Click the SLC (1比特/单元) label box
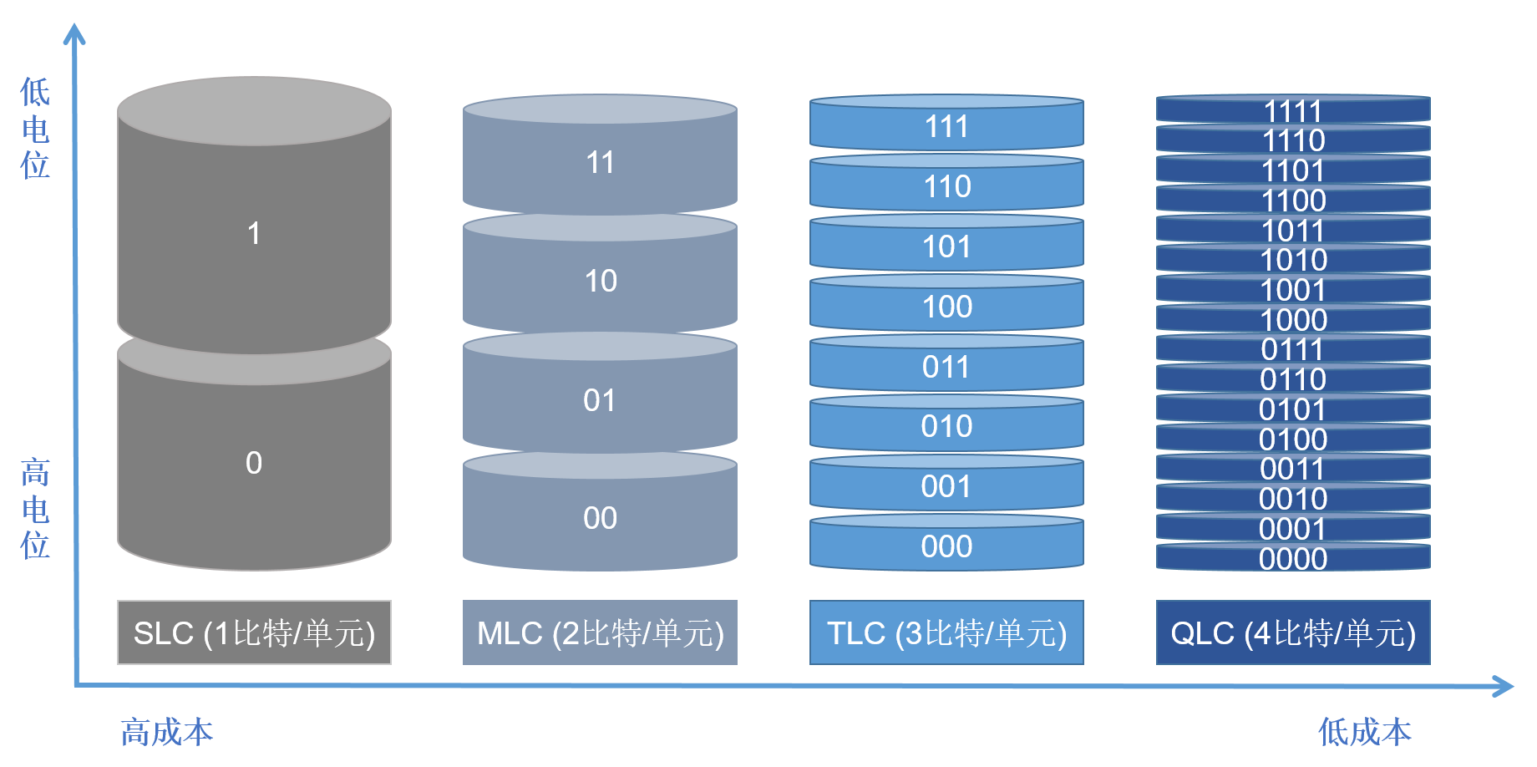(x=254, y=632)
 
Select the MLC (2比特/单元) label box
(x=600, y=632)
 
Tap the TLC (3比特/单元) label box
(x=946, y=632)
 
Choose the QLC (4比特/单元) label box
(x=1293, y=632)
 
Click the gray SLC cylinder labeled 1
(x=254, y=232)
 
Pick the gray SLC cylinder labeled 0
(x=254, y=462)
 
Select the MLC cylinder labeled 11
(x=600, y=162)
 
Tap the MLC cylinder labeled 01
(x=600, y=400)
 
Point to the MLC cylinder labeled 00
(x=600, y=518)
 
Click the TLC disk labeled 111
(x=946, y=127)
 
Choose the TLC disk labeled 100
(x=946, y=307)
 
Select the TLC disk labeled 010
(x=946, y=426)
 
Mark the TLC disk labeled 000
(x=946, y=546)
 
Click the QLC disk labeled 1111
(x=1293, y=110)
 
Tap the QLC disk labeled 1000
(x=1293, y=319)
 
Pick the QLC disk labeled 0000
(x=1293, y=558)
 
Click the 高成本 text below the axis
(x=167, y=732)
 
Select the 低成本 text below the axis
(x=1364, y=732)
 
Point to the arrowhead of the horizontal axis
(x=1504, y=687)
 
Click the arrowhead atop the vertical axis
(x=74, y=33)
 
